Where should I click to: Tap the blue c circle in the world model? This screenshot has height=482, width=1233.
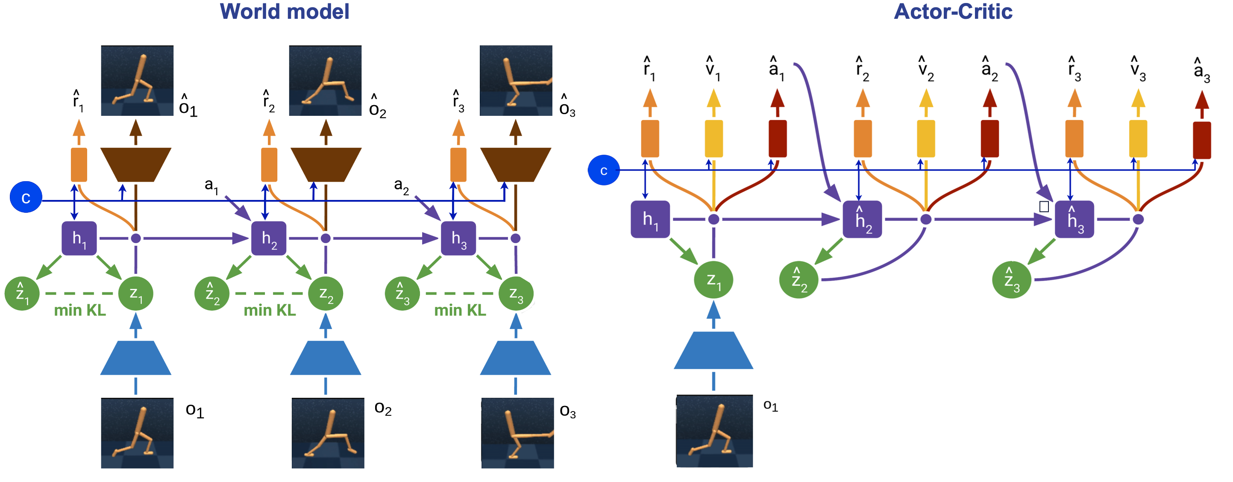[x=26, y=197]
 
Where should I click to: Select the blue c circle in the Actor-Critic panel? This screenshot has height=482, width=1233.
[x=604, y=170]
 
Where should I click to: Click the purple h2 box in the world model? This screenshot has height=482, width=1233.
[x=269, y=238]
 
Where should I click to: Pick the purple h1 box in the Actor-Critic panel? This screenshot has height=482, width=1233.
[x=650, y=219]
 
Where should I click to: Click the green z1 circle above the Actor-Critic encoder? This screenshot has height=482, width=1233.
[x=713, y=280]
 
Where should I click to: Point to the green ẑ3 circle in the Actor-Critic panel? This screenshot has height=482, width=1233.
[x=1011, y=280]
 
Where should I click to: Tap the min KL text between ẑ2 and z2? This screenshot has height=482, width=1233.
[x=270, y=311]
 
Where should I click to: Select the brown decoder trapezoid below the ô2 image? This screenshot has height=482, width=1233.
[x=326, y=164]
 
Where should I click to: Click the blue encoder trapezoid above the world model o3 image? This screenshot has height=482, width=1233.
[x=516, y=358]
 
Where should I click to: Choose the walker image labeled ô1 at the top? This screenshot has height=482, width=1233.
[x=137, y=80]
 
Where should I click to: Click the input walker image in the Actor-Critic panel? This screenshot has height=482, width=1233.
[x=714, y=431]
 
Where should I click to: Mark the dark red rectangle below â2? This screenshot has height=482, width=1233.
[x=989, y=139]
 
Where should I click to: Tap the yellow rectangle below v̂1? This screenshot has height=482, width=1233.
[x=713, y=139]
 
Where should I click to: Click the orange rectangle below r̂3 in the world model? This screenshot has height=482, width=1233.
[x=458, y=165]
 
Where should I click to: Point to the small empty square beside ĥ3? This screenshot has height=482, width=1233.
[x=1044, y=207]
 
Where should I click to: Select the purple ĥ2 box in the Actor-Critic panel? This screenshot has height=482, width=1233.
[x=862, y=219]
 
